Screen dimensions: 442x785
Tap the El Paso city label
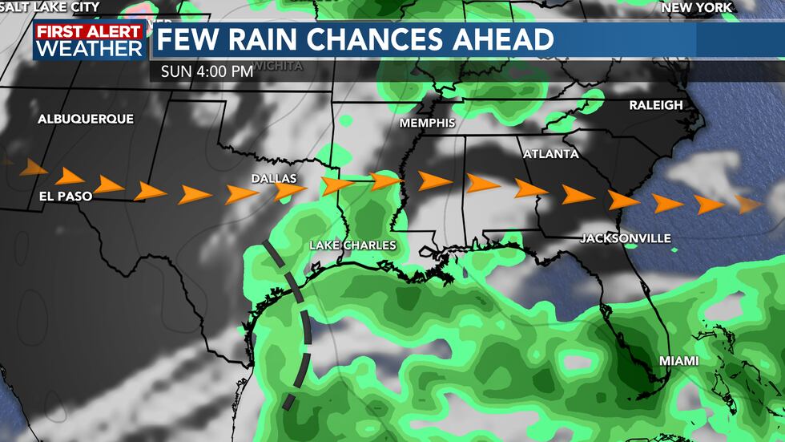tap(65, 195)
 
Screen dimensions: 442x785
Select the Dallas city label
tap(274, 178)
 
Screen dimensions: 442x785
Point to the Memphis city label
tap(428, 123)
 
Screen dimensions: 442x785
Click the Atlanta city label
tap(550, 153)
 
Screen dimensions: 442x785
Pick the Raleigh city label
tap(655, 105)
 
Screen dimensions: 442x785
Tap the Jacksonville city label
tap(626, 238)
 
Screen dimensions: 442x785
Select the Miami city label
tap(678, 361)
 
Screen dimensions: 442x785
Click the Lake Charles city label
tap(353, 245)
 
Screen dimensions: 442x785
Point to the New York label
tap(696, 7)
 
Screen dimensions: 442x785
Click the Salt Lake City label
tap(50, 7)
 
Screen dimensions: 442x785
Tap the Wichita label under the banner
tap(278, 66)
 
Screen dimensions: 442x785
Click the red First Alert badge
tap(89, 31)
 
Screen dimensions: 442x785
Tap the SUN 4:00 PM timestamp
tap(207, 71)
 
